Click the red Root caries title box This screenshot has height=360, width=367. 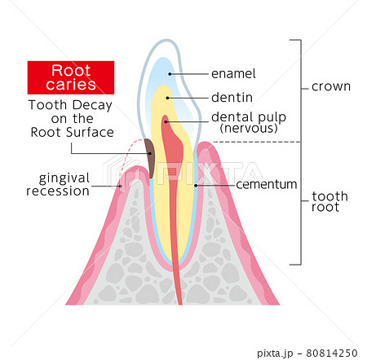click(x=71, y=77)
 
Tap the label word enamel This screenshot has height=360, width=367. click(x=233, y=74)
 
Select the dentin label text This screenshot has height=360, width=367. click(x=232, y=98)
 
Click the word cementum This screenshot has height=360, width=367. click(x=267, y=185)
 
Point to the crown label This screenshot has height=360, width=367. click(x=331, y=87)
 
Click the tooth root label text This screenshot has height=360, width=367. click(x=329, y=201)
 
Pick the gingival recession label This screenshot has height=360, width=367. click(x=58, y=184)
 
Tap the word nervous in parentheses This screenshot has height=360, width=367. click(x=249, y=129)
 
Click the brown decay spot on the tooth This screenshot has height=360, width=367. click(x=149, y=158)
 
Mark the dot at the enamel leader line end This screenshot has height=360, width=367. click(x=170, y=74)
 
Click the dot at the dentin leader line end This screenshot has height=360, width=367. click(x=167, y=98)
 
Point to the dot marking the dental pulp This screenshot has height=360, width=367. click(x=166, y=121)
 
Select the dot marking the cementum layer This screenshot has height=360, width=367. click(x=196, y=186)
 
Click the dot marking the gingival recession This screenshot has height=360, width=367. click(x=121, y=187)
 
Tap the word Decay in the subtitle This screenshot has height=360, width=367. click(x=92, y=105)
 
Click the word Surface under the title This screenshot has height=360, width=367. click(x=90, y=133)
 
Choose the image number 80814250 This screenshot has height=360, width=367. click(x=332, y=353)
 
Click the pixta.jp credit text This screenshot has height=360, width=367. click(x=275, y=353)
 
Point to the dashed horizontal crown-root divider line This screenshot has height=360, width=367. click(x=257, y=142)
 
